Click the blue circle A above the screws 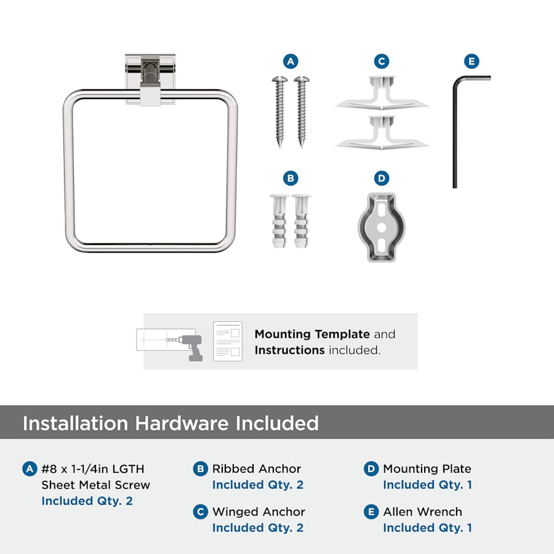click(291, 62)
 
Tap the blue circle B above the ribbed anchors click(291, 178)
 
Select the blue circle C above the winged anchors click(382, 62)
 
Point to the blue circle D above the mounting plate click(382, 178)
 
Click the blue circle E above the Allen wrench click(472, 62)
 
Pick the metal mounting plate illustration click(382, 227)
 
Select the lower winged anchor click(382, 133)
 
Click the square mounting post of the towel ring click(150, 80)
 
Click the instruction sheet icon click(228, 341)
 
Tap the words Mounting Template click(312, 334)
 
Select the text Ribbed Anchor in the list click(257, 469)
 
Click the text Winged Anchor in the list click(259, 512)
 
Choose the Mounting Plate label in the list click(427, 469)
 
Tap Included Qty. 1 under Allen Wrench click(428, 528)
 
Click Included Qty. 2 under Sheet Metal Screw click(87, 500)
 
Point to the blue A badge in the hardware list click(30, 469)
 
